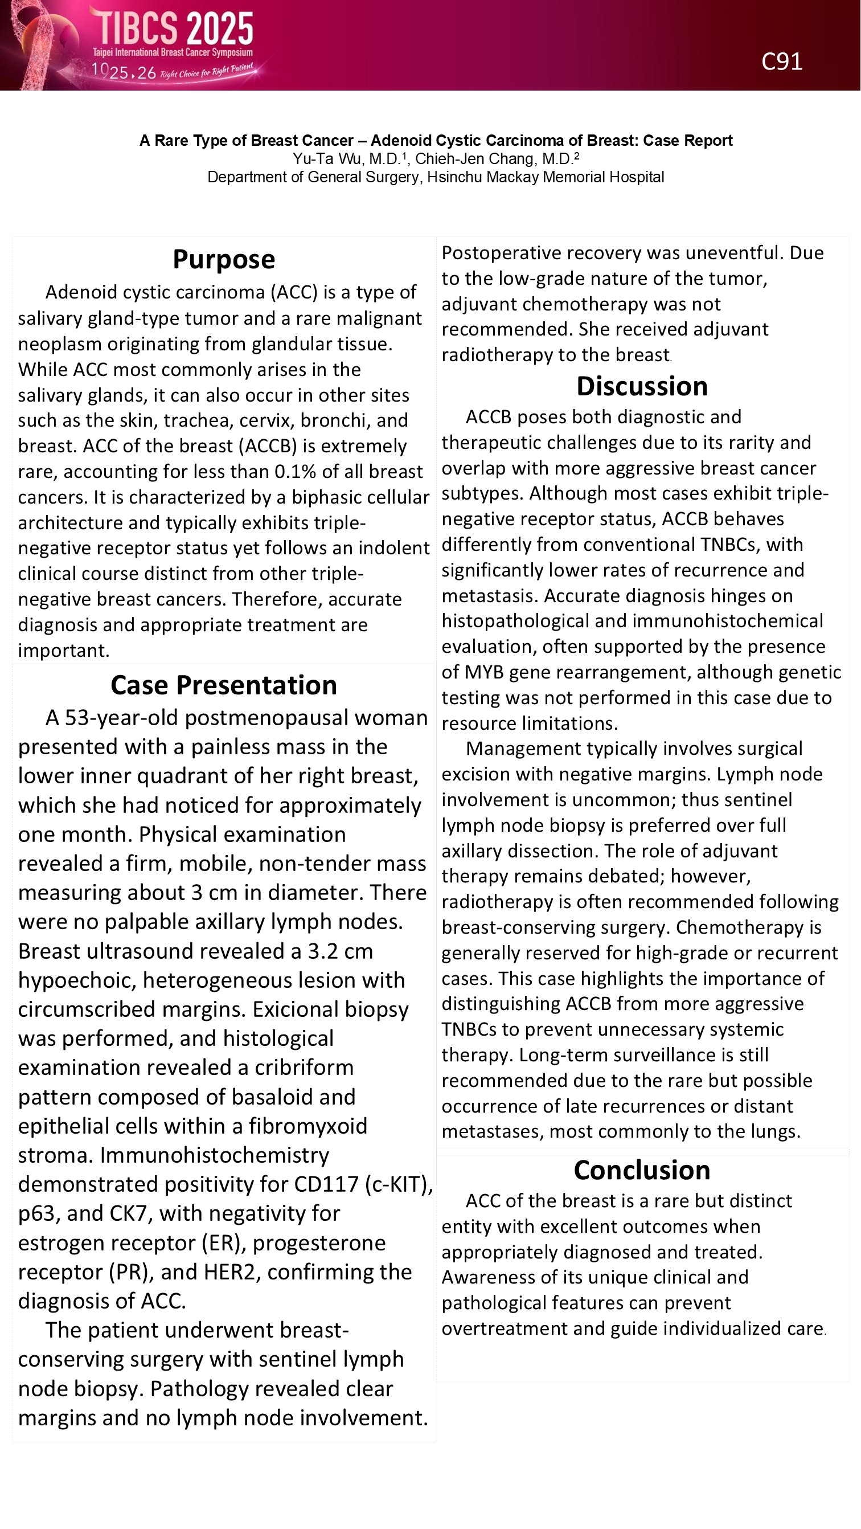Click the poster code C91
pos(781,62)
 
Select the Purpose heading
pos(224,259)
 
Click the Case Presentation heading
pos(224,685)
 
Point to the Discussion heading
pos(642,386)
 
